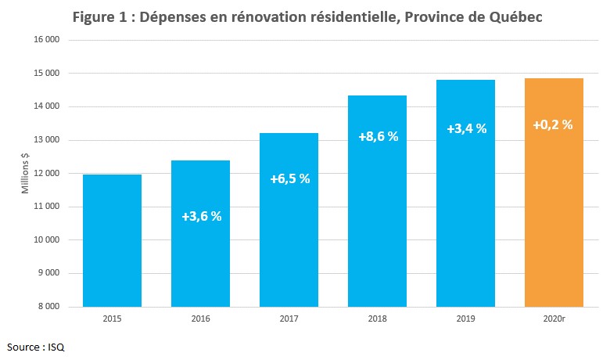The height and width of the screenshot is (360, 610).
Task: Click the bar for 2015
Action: pyautogui.click(x=112, y=240)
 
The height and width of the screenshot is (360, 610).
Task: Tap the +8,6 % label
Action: pyautogui.click(x=378, y=136)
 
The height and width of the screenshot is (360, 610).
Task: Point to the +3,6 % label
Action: pyautogui.click(x=201, y=216)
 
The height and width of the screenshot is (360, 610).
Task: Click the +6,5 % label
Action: pyautogui.click(x=289, y=178)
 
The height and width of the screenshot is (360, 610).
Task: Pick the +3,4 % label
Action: pyautogui.click(x=466, y=128)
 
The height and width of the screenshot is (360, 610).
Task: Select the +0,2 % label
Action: pyautogui.click(x=553, y=124)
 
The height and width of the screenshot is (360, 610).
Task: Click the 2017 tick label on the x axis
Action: pyautogui.click(x=289, y=319)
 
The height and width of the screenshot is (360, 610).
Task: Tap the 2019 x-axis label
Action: pyautogui.click(x=465, y=319)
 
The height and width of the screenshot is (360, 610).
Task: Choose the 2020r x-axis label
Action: pyautogui.click(x=554, y=319)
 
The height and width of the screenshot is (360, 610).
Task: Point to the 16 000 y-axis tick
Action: pyautogui.click(x=49, y=40)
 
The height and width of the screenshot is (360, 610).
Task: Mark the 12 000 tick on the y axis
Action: pyautogui.click(x=49, y=174)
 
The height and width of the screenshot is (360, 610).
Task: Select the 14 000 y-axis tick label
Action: pyautogui.click(x=49, y=106)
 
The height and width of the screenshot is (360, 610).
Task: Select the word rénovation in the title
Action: pyautogui.click(x=274, y=17)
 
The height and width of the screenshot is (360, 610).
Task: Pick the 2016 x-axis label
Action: pyautogui.click(x=200, y=319)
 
